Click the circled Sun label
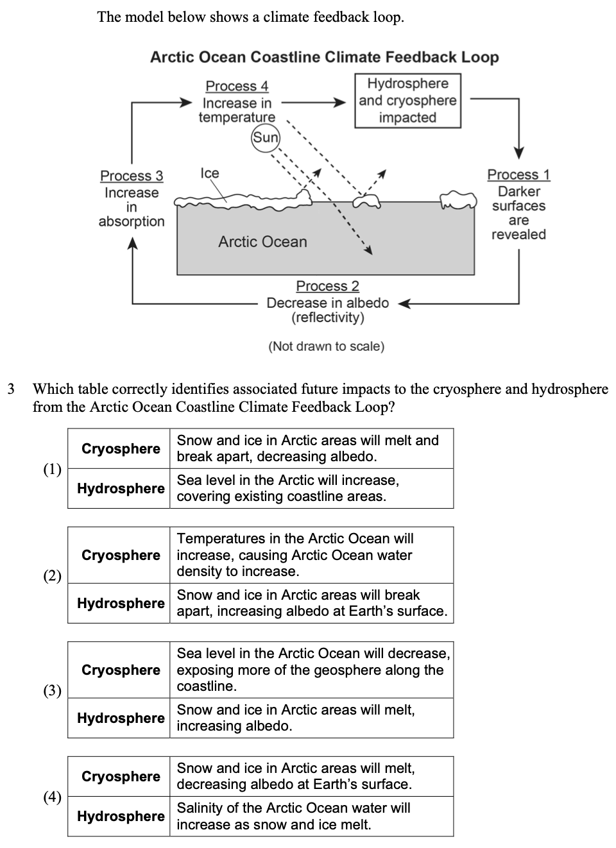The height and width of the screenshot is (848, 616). (x=266, y=137)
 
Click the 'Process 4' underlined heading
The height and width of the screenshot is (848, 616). (x=237, y=86)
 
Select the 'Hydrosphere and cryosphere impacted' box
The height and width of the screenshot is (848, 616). (x=407, y=101)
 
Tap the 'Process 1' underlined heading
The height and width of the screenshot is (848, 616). (x=518, y=174)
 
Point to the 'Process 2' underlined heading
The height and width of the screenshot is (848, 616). (x=327, y=286)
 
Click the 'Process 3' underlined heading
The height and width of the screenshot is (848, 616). (x=132, y=176)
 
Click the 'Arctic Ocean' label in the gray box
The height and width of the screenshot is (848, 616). (x=262, y=242)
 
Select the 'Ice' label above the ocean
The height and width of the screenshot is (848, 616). (x=210, y=173)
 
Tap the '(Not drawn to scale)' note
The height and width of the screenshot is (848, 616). (x=326, y=346)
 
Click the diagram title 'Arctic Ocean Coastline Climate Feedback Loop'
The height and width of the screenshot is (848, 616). (x=324, y=57)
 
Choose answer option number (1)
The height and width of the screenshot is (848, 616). (x=52, y=469)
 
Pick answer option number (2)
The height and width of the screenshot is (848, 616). (x=52, y=575)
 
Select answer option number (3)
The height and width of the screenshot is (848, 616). (x=52, y=690)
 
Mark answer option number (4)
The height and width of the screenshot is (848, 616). (x=52, y=797)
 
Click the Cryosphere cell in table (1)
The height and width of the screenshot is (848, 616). (x=121, y=449)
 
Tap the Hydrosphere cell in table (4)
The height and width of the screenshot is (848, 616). (x=121, y=817)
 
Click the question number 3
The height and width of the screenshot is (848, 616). (x=10, y=389)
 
